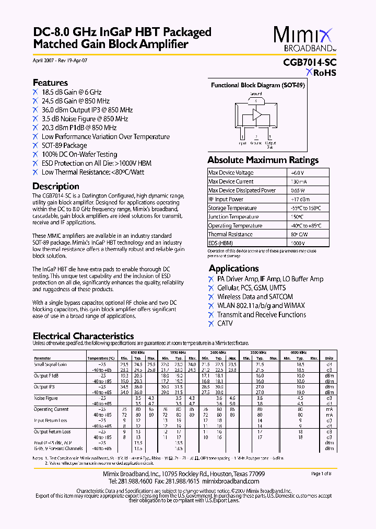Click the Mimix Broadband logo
[x=303, y=40]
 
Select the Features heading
[x=50, y=83]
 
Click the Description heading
[x=56, y=186]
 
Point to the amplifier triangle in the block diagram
[x=257, y=115]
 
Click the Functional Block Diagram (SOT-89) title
[x=257, y=85]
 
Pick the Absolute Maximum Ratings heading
[x=263, y=160]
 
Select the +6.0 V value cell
[x=297, y=172]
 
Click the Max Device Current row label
[x=231, y=181]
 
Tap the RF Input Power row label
[x=226, y=199]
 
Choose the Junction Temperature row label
[x=233, y=217]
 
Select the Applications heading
[x=233, y=268]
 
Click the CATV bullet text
[x=225, y=324]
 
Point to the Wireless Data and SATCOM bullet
[x=255, y=297]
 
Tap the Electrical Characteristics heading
[x=83, y=336]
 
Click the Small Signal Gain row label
[x=50, y=364]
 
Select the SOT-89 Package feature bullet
[x=64, y=145]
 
